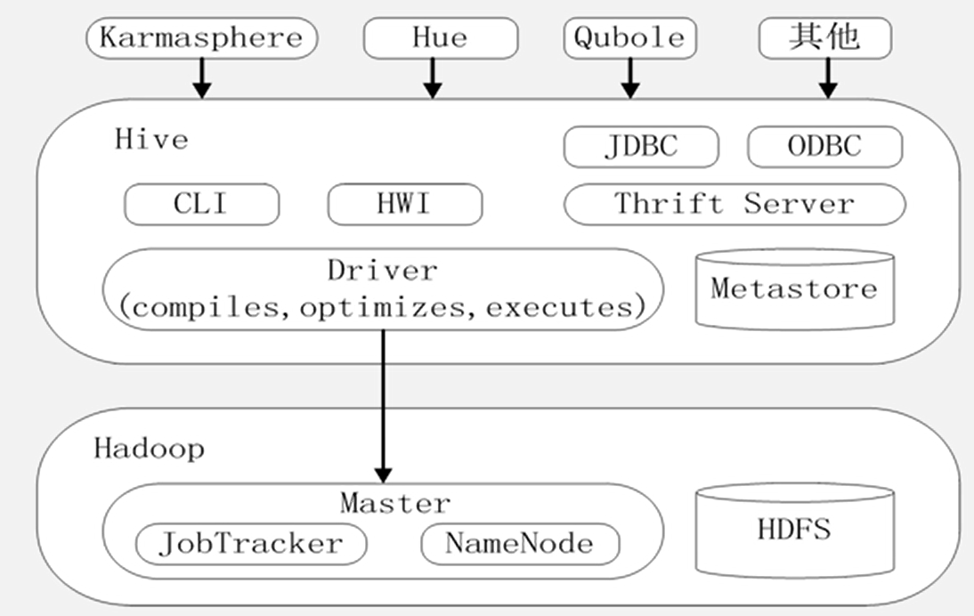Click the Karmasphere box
[201, 38]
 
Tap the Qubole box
[630, 38]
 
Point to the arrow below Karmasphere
[202, 78]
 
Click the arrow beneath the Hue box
[433, 78]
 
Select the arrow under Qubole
[630, 78]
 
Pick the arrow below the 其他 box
[828, 78]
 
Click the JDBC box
[641, 147]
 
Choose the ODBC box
[824, 147]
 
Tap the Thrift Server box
[735, 204]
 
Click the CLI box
[201, 205]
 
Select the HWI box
[405, 205]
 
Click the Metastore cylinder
[793, 288]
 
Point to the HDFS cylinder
[793, 530]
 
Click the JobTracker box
[250, 544]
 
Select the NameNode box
[520, 544]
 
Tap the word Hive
[151, 140]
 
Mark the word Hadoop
[149, 448]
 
